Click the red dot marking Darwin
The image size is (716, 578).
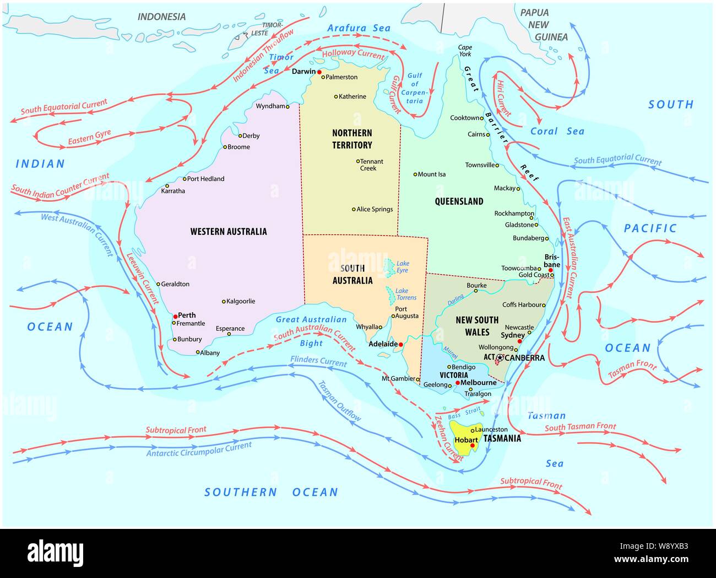tap(319, 72)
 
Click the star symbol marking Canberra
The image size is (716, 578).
tap(500, 358)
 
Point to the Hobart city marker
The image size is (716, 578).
tap(472, 446)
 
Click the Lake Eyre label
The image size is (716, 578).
tap(403, 267)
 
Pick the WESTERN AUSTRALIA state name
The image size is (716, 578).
tap(229, 232)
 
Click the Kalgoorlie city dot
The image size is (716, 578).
tap(224, 302)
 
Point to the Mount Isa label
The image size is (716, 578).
tap(431, 174)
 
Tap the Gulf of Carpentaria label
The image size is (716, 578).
tap(414, 88)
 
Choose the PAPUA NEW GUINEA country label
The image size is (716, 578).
tap(543, 25)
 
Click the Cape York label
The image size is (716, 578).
tap(465, 51)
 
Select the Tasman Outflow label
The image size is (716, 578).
tap(339, 401)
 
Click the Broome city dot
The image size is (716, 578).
tap(225, 147)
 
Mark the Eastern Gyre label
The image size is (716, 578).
tap(89, 138)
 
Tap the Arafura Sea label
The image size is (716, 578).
tap(359, 28)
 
